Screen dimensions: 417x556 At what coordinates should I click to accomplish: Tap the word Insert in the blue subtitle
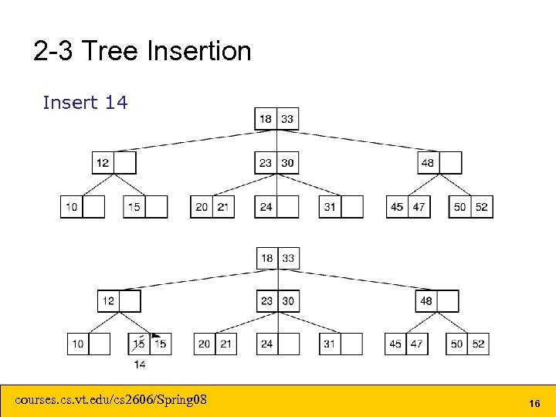[69, 102]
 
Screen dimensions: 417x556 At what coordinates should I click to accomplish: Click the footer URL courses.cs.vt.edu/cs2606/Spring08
[111, 399]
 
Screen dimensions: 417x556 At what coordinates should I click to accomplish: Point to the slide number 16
[534, 404]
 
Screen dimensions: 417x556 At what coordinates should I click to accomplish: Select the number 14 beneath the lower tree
[140, 363]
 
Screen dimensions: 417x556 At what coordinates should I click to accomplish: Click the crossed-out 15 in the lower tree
[139, 343]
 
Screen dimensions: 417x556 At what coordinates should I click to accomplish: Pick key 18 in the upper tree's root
[266, 119]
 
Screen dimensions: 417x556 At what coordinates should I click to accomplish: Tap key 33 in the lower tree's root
[288, 258]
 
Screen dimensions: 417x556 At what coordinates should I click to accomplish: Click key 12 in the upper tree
[103, 163]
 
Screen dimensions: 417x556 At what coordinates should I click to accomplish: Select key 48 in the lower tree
[426, 300]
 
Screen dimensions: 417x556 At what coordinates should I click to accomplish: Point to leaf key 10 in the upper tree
[71, 207]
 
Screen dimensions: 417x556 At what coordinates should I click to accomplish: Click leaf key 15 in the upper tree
[134, 207]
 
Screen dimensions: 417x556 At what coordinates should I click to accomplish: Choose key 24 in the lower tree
[266, 344]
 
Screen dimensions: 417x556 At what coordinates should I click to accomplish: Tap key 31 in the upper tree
[330, 207]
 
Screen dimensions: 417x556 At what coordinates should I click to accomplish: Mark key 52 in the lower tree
[479, 344]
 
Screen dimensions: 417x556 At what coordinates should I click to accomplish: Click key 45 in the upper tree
[397, 207]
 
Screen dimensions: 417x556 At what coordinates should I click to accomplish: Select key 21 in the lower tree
[225, 344]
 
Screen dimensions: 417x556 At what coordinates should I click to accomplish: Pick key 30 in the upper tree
[287, 163]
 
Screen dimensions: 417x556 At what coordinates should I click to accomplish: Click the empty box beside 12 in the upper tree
[125, 163]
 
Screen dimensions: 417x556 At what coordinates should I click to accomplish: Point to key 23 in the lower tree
[267, 300]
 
